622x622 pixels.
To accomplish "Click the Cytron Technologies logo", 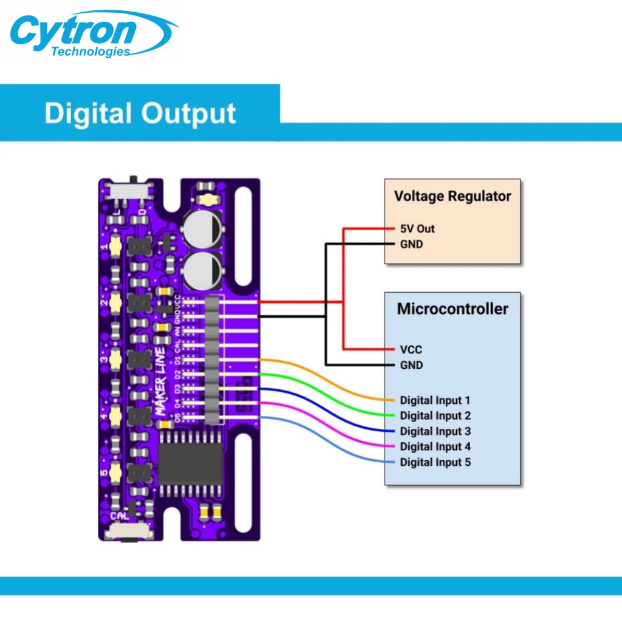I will coord(91,33).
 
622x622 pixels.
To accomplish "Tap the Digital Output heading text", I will coord(140,114).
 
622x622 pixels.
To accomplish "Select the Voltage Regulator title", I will coord(453,196).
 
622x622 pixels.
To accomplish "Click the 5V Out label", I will coord(417,229).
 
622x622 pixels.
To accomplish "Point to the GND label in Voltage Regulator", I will coord(411,244).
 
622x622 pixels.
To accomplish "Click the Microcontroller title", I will coord(453,309).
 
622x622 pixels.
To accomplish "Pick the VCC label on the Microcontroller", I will coord(411,349).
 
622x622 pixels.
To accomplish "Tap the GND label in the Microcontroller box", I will coord(411,365).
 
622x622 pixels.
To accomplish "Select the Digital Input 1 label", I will coord(435,400).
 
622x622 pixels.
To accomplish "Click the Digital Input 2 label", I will coord(435,416).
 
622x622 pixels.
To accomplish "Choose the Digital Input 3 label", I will coord(435,431).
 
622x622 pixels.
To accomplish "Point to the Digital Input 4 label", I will coord(435,447).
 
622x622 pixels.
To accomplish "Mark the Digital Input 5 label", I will coord(435,462).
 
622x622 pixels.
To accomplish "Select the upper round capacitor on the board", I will coord(204,230).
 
